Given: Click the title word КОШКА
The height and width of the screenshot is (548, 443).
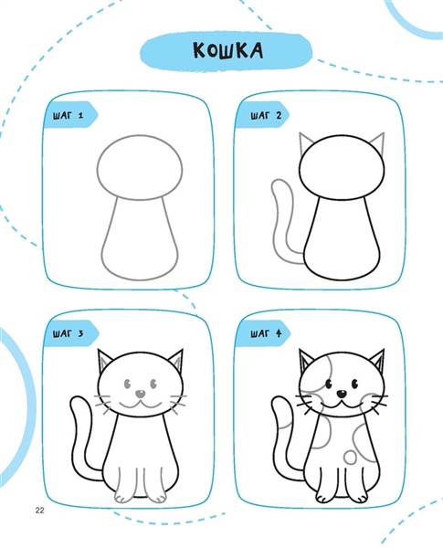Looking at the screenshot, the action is tap(227, 51).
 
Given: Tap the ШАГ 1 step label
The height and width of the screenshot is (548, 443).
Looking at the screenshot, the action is tap(69, 115).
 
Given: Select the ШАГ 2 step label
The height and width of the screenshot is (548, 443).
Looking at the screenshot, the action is tap(266, 115).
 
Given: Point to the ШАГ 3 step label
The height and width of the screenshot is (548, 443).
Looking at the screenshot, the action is tap(69, 333).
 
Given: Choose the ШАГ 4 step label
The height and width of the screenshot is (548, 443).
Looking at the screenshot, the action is tap(266, 333).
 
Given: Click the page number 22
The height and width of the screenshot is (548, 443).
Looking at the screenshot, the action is tap(39, 511).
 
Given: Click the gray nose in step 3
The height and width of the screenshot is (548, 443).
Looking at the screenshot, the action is tap(141, 394).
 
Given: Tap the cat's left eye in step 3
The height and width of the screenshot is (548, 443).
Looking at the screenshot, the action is tap(127, 384).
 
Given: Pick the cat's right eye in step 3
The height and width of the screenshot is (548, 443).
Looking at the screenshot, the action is tap(153, 384).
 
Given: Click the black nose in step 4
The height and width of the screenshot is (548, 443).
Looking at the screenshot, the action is tap(342, 394).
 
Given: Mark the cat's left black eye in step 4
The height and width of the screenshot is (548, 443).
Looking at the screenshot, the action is tap(328, 384).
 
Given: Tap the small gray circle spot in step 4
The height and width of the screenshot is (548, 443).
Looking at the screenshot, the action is tap(351, 457).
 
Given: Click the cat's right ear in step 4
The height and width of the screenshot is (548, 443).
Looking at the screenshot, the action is tap(378, 362).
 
